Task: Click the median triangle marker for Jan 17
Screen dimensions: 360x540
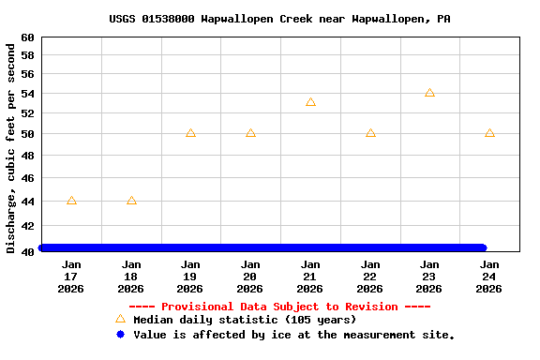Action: (x=71, y=201)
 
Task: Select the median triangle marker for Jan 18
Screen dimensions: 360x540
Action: (x=131, y=201)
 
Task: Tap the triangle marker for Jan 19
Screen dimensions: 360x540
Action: (x=190, y=133)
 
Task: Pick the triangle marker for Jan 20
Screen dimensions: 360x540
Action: (x=250, y=133)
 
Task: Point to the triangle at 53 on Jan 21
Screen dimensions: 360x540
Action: (x=310, y=102)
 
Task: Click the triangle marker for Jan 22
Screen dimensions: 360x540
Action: (x=370, y=133)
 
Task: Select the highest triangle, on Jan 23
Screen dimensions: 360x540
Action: (x=429, y=93)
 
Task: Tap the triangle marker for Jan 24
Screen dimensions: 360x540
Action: (x=489, y=133)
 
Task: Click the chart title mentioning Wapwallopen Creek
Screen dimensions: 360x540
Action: (x=279, y=19)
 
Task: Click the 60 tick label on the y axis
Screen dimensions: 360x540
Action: (x=26, y=37)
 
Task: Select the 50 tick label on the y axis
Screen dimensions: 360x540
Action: (x=26, y=134)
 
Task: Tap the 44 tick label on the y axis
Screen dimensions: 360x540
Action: (x=26, y=202)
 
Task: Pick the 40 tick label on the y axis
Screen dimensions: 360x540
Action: (x=26, y=249)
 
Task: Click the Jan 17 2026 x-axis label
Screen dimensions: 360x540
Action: (x=71, y=277)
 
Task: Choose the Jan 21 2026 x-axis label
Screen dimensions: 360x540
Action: (x=310, y=277)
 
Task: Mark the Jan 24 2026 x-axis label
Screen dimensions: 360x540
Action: (x=489, y=277)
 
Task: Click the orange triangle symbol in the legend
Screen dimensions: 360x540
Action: (x=120, y=320)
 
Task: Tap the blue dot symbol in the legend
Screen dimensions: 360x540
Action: (x=120, y=335)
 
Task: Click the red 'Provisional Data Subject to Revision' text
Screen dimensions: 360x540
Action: (x=279, y=307)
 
